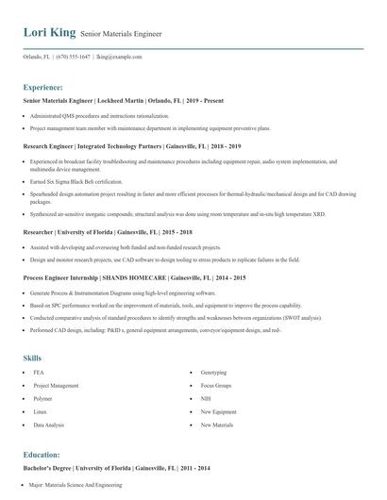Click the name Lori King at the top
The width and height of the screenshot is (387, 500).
pyautogui.click(x=49, y=33)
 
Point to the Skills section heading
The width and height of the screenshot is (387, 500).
pyautogui.click(x=33, y=358)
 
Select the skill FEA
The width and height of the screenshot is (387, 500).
pyautogui.click(x=39, y=373)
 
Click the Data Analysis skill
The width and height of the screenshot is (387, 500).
pyautogui.click(x=48, y=425)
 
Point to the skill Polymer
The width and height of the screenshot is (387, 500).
pyautogui.click(x=43, y=399)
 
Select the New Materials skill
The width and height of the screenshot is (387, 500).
pyautogui.click(x=218, y=425)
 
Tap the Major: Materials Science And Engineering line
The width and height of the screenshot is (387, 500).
pyautogui.click(x=76, y=484)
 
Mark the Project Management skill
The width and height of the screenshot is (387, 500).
pyautogui.click(x=56, y=386)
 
